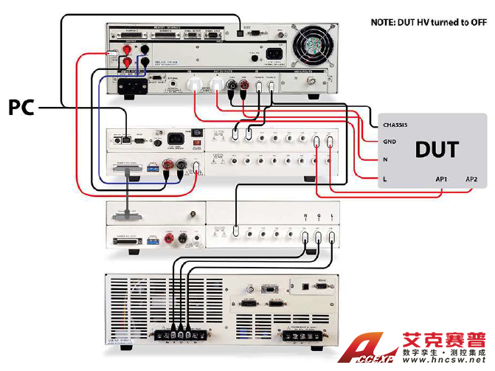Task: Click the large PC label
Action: coord(20,108)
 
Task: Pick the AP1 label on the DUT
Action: coord(444,179)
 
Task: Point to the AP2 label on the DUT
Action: coord(471,179)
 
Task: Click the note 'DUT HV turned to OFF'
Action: coord(428,22)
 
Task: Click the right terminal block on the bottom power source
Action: coord(305,336)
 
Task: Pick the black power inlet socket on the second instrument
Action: coord(176,138)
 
